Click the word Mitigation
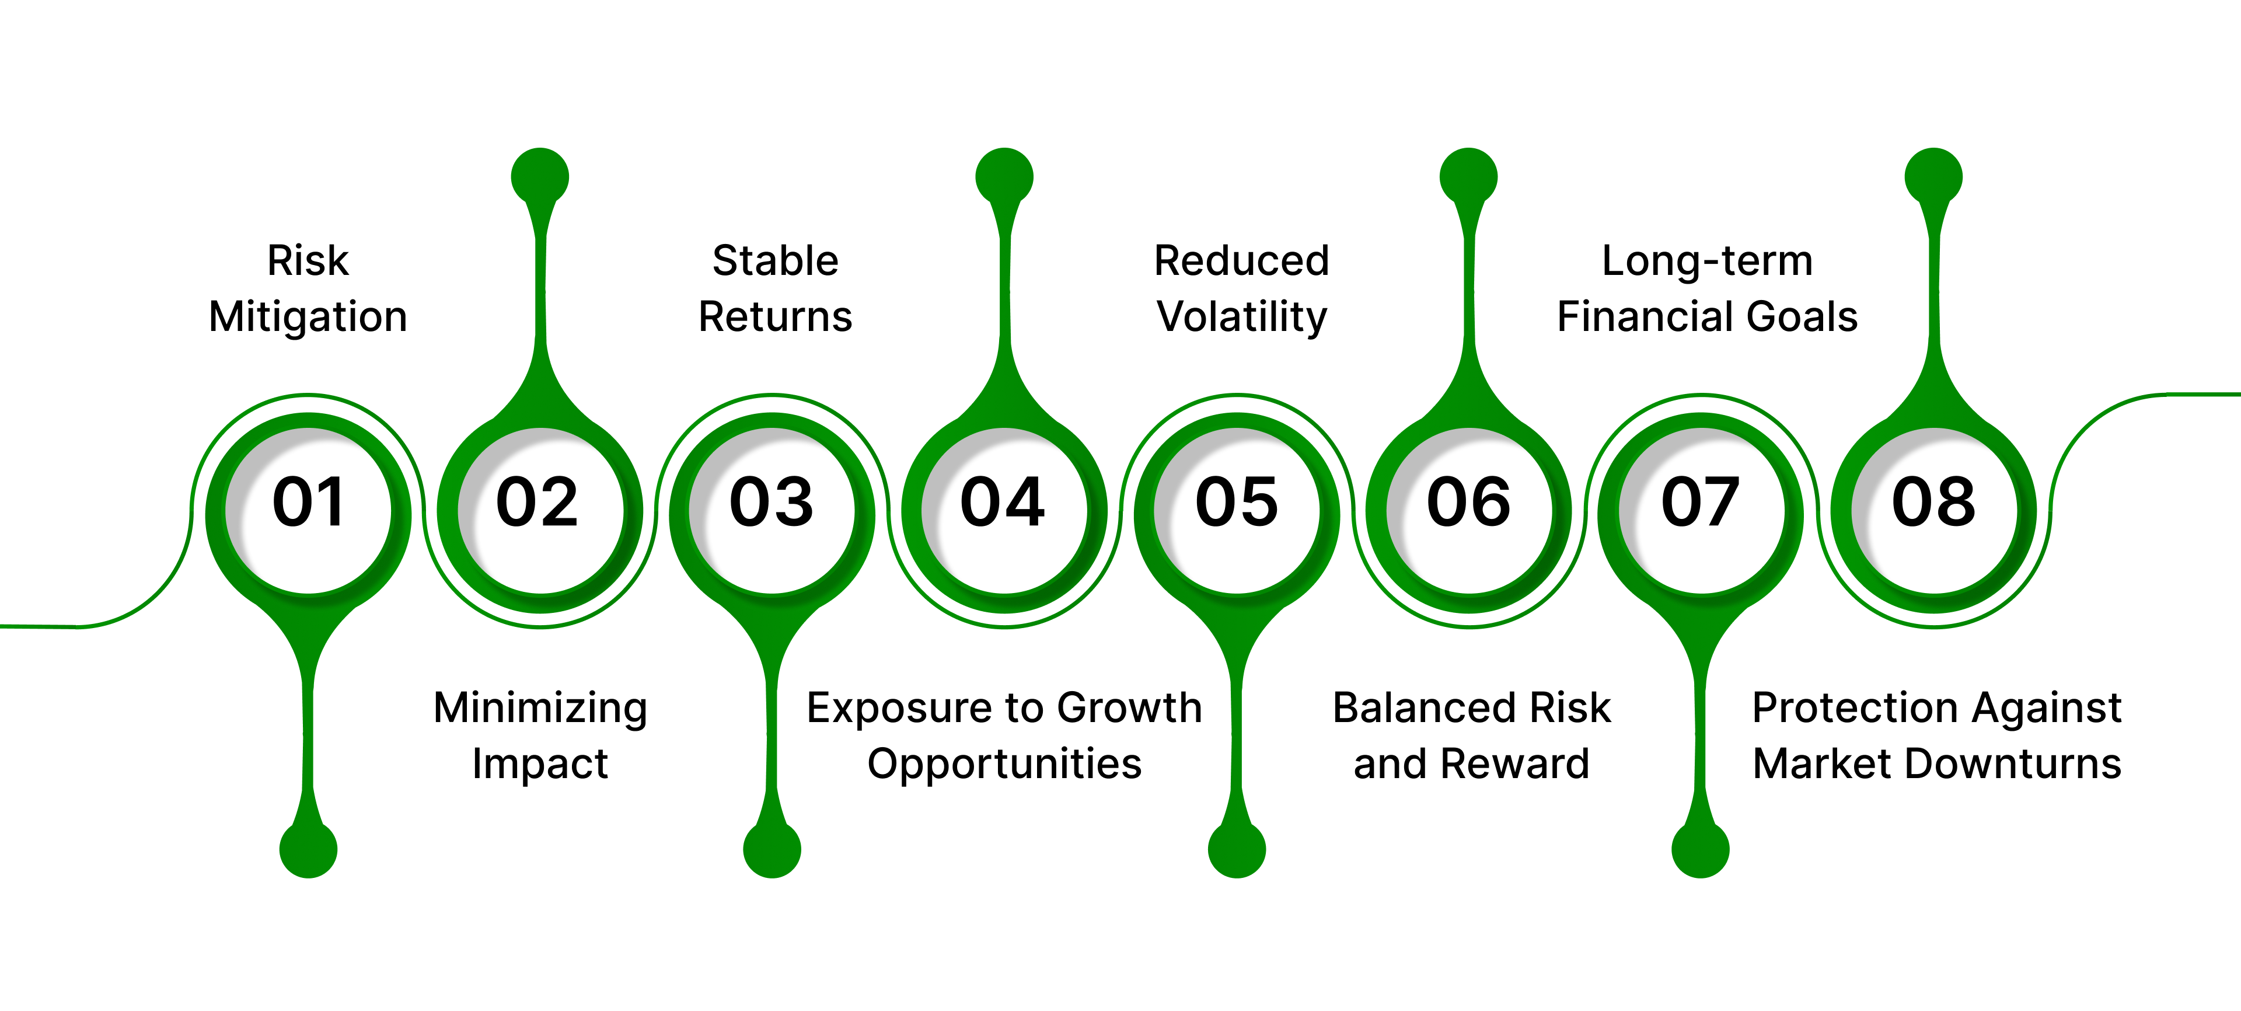point(308,317)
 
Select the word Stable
point(775,261)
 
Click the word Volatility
point(1241,317)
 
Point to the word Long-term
point(1707,261)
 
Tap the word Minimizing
point(540,708)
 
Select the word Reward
point(1514,764)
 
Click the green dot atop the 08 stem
point(1933,177)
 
